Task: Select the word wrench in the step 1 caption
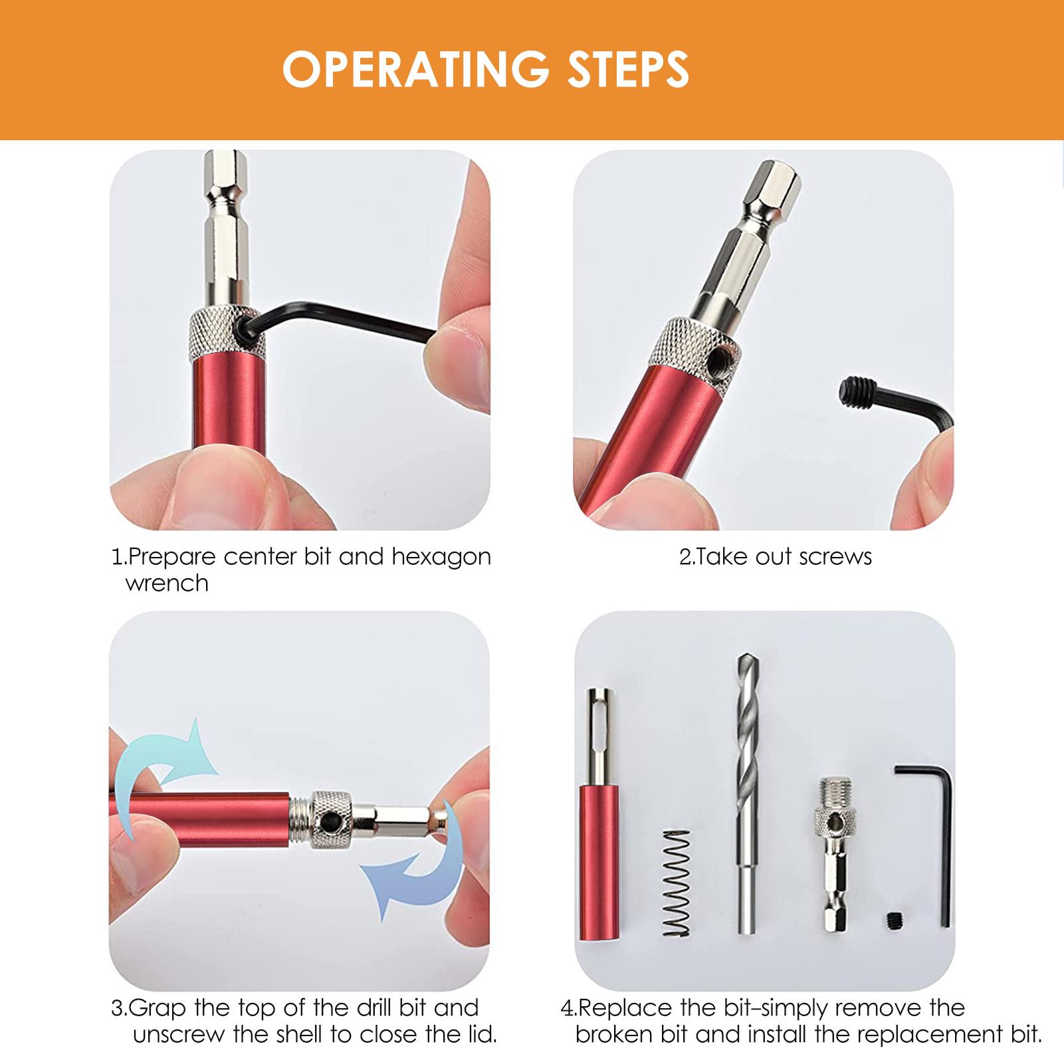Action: (x=167, y=584)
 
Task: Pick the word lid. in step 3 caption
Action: (x=477, y=1035)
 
